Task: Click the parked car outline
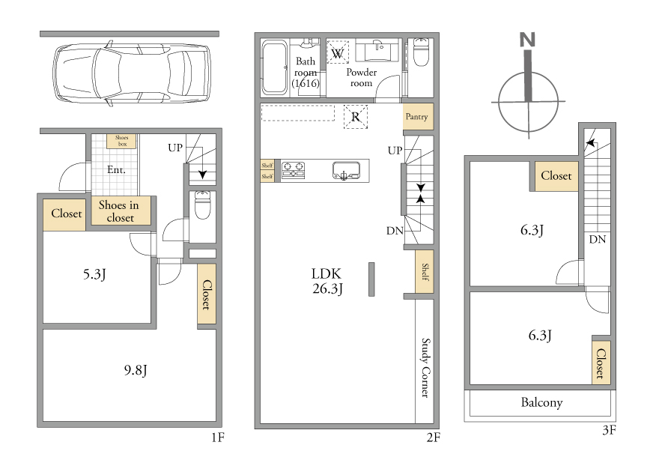tap(131, 73)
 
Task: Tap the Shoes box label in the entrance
tap(122, 141)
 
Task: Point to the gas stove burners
tap(294, 170)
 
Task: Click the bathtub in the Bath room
tap(274, 67)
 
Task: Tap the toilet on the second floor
tap(421, 52)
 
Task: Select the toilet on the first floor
tap(202, 205)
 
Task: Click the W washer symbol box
tap(337, 52)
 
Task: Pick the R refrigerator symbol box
tap(356, 117)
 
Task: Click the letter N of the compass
tap(527, 40)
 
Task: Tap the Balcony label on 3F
tap(541, 403)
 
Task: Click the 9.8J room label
tap(136, 370)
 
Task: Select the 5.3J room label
tap(94, 275)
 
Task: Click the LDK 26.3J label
tap(327, 281)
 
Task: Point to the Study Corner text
tap(425, 368)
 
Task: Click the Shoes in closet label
tap(119, 211)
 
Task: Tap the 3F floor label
tap(609, 430)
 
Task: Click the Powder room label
tap(362, 77)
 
